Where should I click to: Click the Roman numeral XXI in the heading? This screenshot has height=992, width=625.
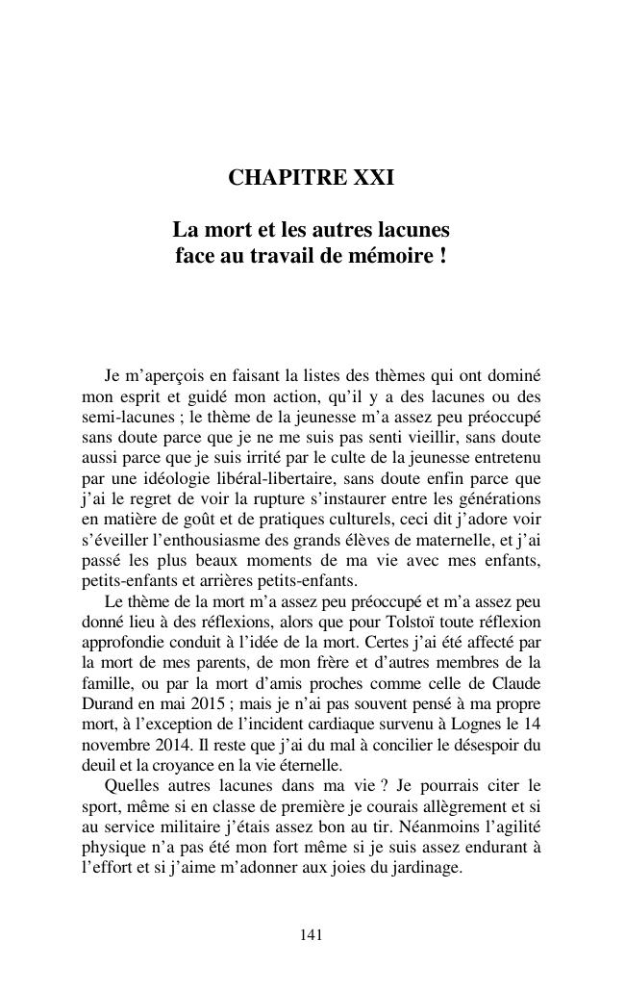pos(373,178)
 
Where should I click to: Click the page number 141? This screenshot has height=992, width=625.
pos(311,933)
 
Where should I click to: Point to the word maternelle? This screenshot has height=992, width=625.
pos(449,539)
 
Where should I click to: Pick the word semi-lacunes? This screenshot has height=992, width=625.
pos(122,417)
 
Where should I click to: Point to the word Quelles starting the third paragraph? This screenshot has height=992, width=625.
pos(132,785)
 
